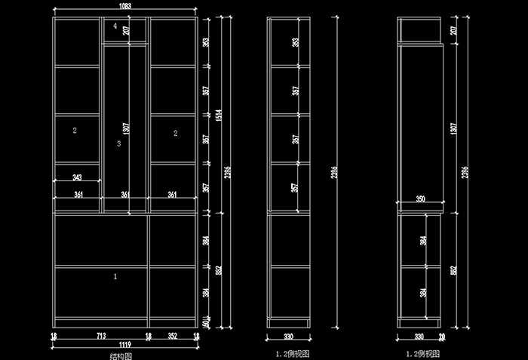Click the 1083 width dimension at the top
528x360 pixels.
point(125,6)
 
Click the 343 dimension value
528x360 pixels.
point(77,177)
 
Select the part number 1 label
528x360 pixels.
point(115,277)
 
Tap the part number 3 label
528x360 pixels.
point(118,143)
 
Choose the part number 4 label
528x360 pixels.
point(115,26)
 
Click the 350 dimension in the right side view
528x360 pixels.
point(420,199)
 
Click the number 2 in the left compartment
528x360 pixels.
point(75,131)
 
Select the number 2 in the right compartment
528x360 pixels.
point(175,134)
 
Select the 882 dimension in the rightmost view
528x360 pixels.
point(453,270)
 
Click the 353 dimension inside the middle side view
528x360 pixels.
point(295,42)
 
